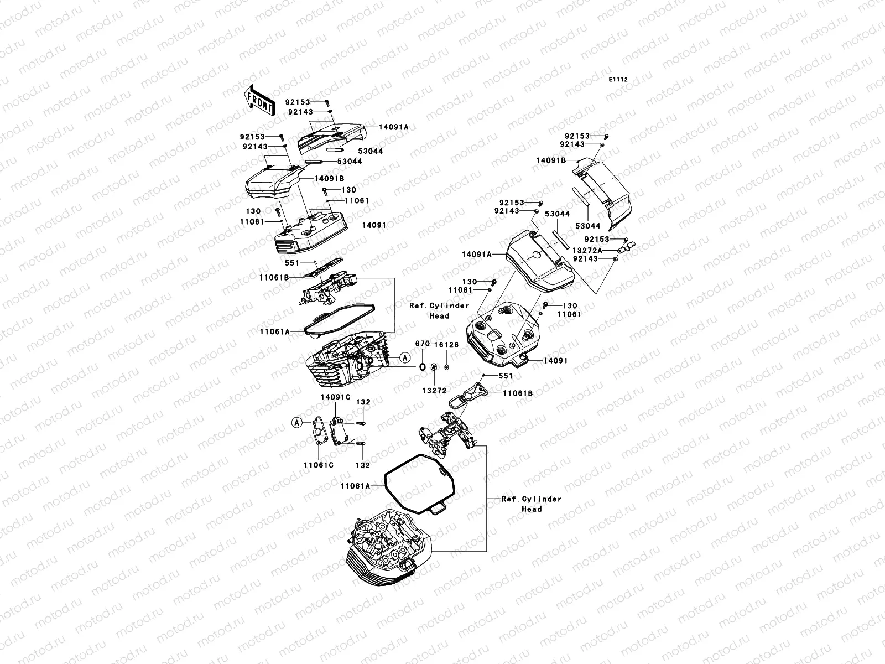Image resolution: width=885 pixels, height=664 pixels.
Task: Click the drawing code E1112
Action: (x=618, y=80)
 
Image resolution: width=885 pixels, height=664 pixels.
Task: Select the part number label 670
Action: (x=422, y=344)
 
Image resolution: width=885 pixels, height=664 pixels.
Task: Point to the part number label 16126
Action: (x=446, y=345)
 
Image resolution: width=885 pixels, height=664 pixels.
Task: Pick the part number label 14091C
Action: (x=335, y=397)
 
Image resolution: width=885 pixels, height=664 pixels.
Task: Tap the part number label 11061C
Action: (x=319, y=465)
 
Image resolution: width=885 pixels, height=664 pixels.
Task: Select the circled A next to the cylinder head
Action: (x=405, y=358)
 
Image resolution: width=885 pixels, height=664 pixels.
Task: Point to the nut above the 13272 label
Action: (x=434, y=367)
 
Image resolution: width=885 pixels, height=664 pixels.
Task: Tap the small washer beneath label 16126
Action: (x=447, y=367)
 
